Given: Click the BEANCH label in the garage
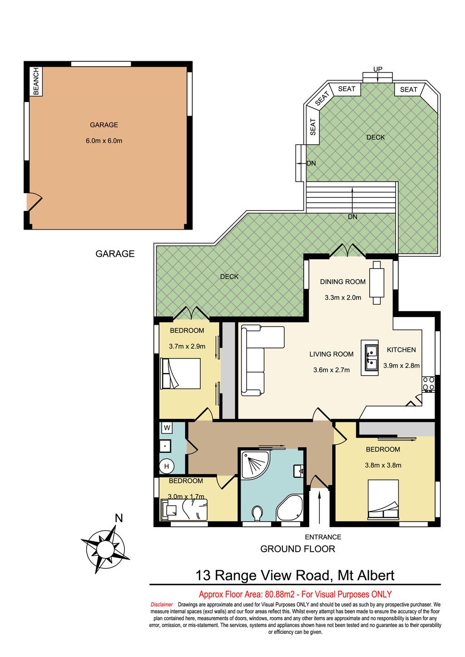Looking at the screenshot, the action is [36, 81].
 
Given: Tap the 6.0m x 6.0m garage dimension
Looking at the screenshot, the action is [104, 141].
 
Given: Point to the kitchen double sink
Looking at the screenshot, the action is [370, 358].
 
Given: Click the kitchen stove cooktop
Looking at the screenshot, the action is [428, 384].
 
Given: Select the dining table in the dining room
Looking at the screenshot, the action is [376, 283].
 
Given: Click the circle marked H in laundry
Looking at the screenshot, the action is [167, 466].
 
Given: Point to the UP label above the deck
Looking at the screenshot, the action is [378, 69].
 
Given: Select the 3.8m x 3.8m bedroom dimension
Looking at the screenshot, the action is [383, 465].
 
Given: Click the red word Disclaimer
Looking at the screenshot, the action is [162, 604].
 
